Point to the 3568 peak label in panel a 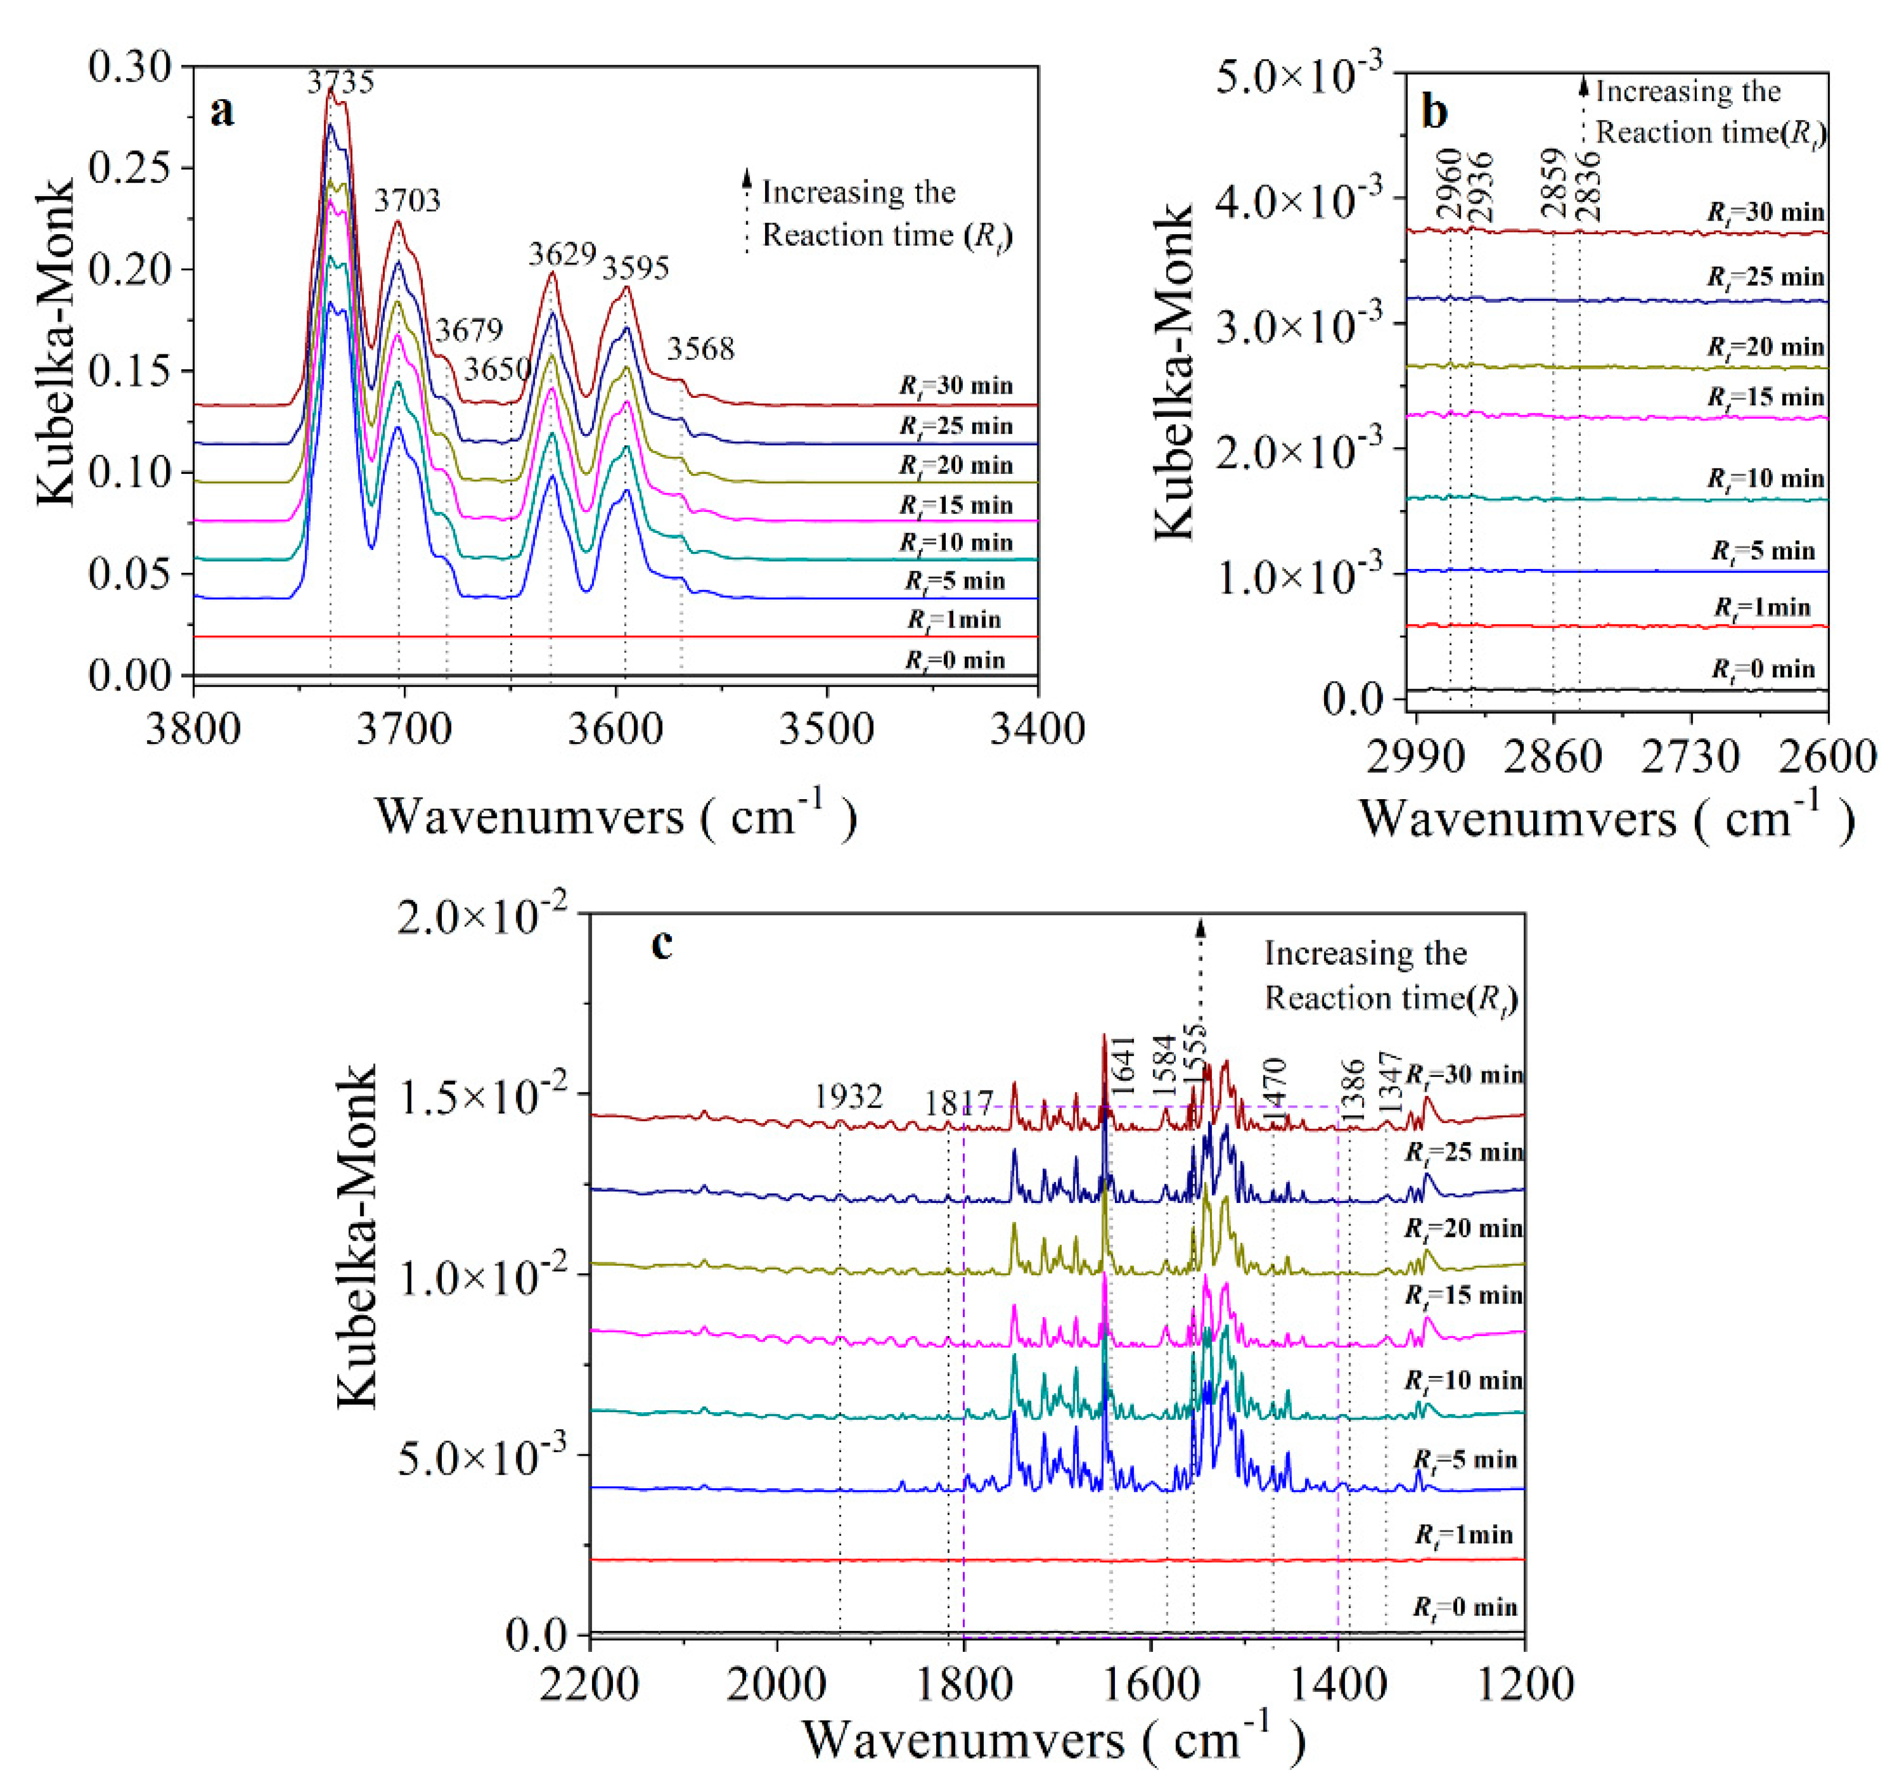pos(701,350)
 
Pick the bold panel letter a pos(222,112)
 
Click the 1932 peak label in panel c pos(848,1096)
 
